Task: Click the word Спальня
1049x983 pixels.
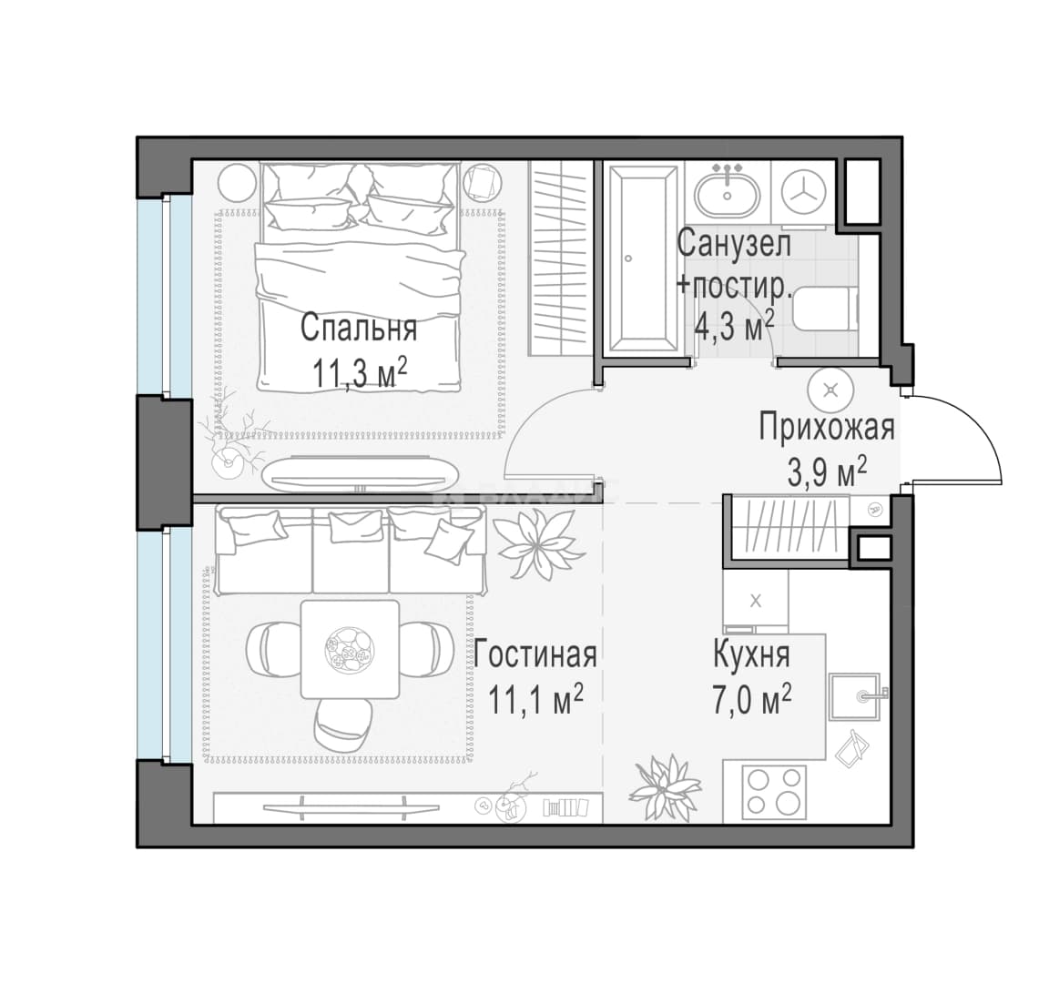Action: pyautogui.click(x=359, y=329)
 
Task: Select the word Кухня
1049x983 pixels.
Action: pyautogui.click(x=752, y=655)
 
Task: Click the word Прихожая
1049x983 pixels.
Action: pyautogui.click(x=826, y=428)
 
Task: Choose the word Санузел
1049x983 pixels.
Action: pyautogui.click(x=734, y=243)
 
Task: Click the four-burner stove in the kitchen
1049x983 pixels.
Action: pyautogui.click(x=774, y=790)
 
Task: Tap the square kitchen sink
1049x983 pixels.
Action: pyautogui.click(x=856, y=696)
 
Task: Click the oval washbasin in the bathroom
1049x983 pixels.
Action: pyautogui.click(x=727, y=190)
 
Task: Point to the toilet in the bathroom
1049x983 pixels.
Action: pyautogui.click(x=824, y=309)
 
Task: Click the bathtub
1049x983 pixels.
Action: pyautogui.click(x=640, y=258)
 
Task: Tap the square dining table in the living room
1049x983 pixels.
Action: pyautogui.click(x=350, y=649)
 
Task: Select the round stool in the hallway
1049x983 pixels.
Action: pyautogui.click(x=830, y=390)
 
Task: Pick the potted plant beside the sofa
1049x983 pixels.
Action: pyautogui.click(x=539, y=542)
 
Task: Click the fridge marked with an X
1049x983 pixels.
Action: pyautogui.click(x=755, y=601)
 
